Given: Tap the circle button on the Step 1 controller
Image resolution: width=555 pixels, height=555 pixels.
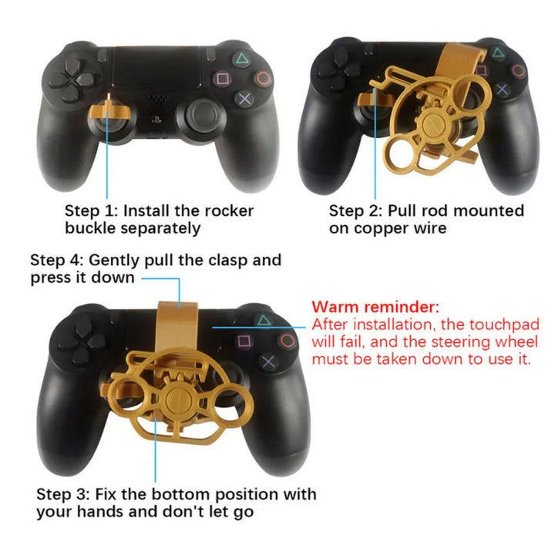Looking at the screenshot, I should (264, 77).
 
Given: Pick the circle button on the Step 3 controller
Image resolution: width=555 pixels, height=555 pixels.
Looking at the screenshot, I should (288, 340).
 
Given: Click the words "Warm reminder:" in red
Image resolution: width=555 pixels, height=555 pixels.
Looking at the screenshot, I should (375, 307).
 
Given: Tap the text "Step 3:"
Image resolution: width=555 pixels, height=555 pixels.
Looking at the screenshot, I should (63, 493).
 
